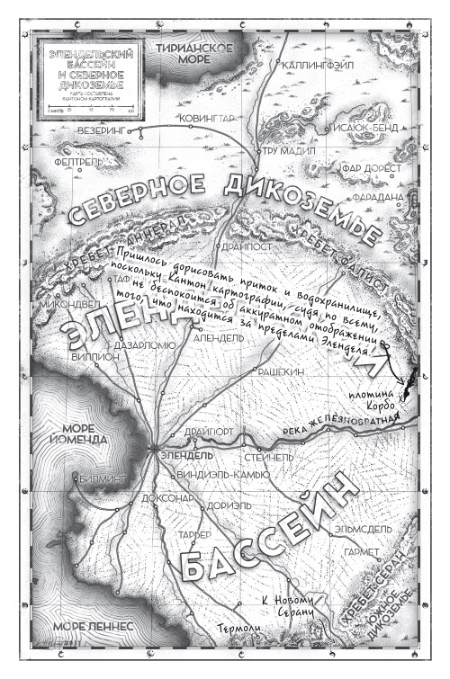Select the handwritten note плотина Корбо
(x=371, y=403)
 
